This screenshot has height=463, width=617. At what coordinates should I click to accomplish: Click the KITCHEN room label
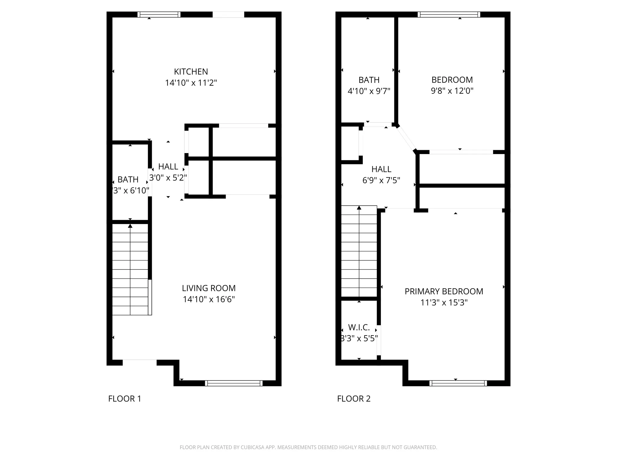(191, 72)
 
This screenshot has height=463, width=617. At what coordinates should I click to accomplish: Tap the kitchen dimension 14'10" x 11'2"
(191, 83)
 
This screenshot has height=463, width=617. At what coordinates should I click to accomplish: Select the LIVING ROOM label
(209, 288)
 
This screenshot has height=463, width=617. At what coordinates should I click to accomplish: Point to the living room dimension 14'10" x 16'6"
(209, 299)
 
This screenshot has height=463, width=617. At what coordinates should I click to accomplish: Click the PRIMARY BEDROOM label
(444, 291)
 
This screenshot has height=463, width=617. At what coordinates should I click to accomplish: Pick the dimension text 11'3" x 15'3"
(444, 303)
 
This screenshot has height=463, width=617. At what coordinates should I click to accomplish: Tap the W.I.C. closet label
(359, 327)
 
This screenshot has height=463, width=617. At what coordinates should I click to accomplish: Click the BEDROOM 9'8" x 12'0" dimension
(452, 91)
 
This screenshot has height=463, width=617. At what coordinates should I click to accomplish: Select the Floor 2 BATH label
(369, 80)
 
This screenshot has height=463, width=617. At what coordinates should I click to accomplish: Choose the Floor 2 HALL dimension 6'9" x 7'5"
(381, 180)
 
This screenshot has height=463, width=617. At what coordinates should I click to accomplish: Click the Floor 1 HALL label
(168, 167)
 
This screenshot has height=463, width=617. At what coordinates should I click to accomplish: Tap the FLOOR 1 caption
(124, 399)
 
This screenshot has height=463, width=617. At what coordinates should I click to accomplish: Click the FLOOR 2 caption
(354, 399)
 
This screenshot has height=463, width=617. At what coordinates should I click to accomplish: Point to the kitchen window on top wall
(159, 14)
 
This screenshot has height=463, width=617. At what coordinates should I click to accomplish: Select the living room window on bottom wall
(234, 383)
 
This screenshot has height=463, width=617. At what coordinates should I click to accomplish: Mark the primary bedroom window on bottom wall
(458, 383)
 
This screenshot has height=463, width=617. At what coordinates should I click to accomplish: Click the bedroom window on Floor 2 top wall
(449, 14)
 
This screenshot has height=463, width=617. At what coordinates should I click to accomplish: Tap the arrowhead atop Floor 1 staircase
(130, 226)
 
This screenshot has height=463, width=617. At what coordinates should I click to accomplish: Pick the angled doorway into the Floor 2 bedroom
(406, 138)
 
